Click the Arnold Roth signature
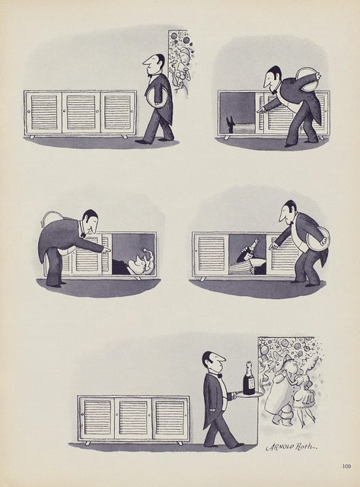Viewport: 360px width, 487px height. click(290, 447)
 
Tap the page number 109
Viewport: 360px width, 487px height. click(346, 466)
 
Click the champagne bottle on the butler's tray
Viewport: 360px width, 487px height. click(248, 378)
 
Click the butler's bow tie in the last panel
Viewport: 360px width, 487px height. click(220, 376)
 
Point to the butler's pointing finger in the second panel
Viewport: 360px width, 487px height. click(259, 110)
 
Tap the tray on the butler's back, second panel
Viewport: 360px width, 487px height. click(307, 78)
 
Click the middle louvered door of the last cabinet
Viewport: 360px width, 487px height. click(133, 418)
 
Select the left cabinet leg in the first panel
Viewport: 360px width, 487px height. click(31, 137)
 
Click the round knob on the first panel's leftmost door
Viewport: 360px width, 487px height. click(29, 110)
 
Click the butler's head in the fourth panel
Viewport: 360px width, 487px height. click(288, 212)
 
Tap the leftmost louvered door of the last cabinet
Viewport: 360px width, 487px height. click(97, 418)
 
